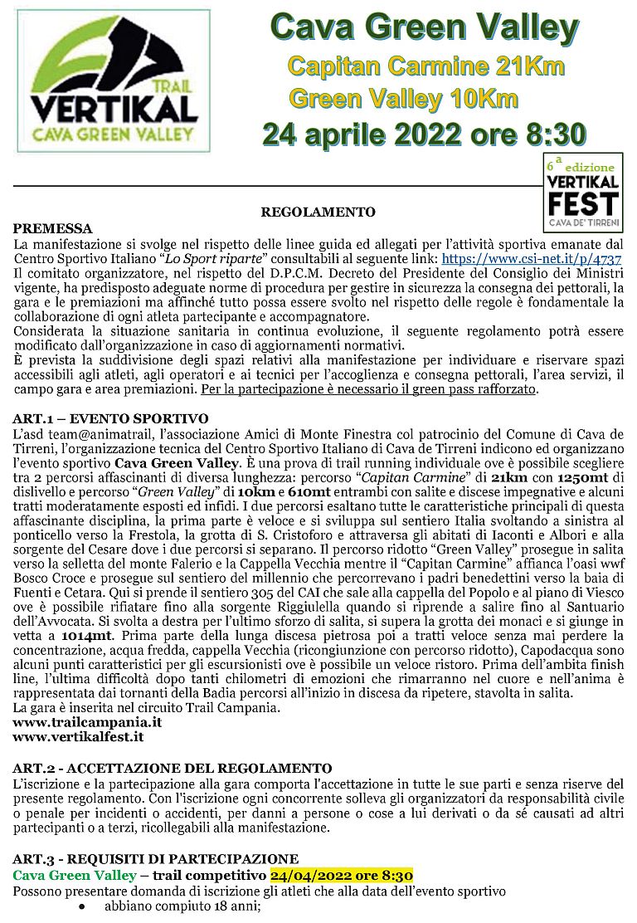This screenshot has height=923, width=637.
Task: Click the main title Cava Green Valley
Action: (x=424, y=29)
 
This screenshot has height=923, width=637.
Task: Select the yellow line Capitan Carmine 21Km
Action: (x=425, y=66)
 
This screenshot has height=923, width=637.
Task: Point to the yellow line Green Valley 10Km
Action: (x=403, y=99)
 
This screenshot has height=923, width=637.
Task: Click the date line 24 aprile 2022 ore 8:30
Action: (x=424, y=134)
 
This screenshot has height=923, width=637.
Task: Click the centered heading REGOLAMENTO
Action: (x=318, y=212)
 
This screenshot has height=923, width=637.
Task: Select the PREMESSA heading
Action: (x=53, y=228)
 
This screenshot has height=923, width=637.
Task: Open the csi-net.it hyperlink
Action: (x=532, y=258)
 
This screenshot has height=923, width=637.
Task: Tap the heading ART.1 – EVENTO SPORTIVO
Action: (x=110, y=418)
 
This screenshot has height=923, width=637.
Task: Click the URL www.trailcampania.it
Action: (x=87, y=722)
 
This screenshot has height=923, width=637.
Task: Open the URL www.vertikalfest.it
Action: (x=79, y=736)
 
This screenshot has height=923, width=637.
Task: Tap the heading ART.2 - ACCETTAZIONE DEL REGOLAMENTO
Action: (x=172, y=768)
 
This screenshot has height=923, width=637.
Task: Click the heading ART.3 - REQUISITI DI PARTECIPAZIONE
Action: (x=156, y=859)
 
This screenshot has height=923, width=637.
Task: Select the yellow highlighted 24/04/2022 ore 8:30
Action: (x=342, y=876)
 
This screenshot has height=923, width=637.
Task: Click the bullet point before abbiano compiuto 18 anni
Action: (x=82, y=907)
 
